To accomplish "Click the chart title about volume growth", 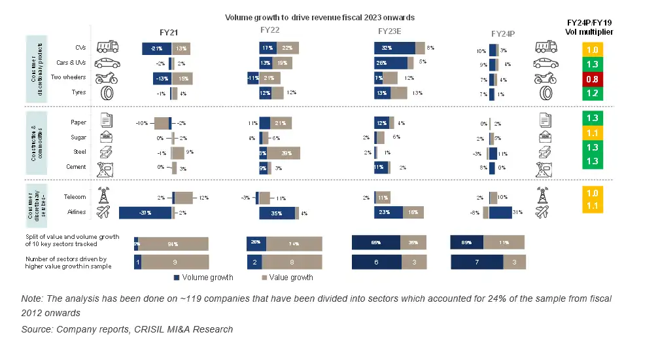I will point(320,17).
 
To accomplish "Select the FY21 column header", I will point(169,32).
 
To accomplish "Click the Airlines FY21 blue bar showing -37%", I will point(145,213).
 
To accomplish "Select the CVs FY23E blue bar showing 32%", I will point(394,48).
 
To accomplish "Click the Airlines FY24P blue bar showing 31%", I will point(500,213).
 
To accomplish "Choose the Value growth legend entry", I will point(291,278).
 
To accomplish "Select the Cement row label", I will point(77,168).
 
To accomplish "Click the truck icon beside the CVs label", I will point(107,47).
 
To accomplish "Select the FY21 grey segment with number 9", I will point(175,262).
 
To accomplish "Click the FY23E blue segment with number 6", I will point(376,262).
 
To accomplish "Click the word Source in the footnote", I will point(37,329).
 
